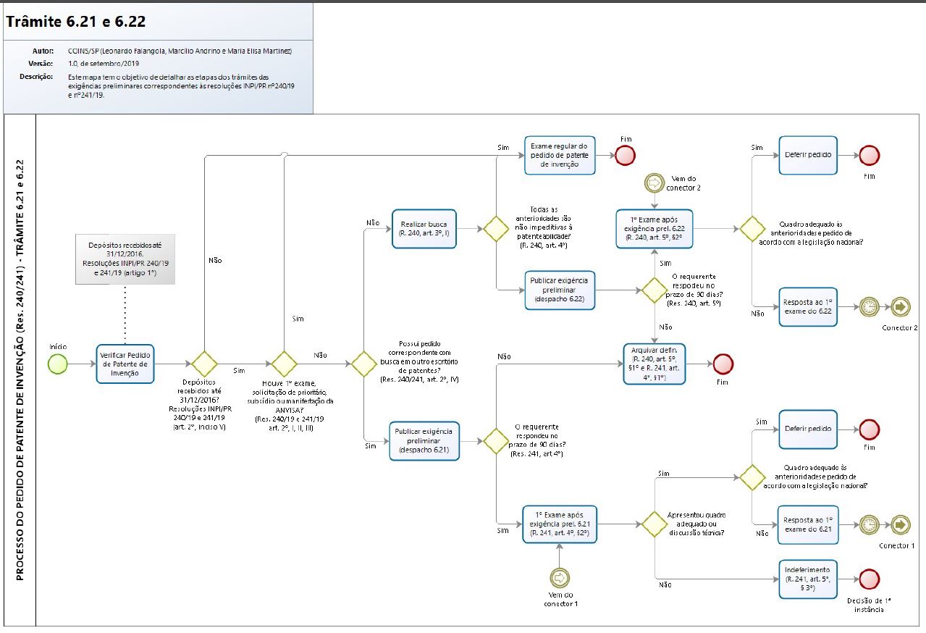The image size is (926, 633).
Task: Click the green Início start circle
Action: click(x=57, y=364)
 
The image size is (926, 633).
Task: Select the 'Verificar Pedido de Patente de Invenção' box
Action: click(x=125, y=364)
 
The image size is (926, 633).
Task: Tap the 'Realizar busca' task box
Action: click(x=424, y=229)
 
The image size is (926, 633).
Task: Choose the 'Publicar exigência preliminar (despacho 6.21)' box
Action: click(x=424, y=440)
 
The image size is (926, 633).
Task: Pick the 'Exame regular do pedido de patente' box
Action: click(x=559, y=155)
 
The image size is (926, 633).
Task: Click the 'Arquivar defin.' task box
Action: click(x=654, y=364)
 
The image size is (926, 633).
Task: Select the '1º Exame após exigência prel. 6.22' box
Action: click(x=654, y=229)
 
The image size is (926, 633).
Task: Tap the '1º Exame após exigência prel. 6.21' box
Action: click(x=559, y=524)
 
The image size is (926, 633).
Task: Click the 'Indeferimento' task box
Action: click(x=808, y=579)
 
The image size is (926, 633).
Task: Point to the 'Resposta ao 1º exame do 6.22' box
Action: click(x=808, y=307)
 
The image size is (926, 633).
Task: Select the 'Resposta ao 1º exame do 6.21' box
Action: click(x=808, y=524)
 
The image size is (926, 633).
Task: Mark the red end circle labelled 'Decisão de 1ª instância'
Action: click(x=869, y=579)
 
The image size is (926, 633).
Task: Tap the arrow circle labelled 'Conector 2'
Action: click(x=901, y=307)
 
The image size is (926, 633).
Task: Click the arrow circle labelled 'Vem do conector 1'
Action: click(x=559, y=577)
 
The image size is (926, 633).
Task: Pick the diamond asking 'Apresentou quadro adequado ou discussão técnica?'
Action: click(x=654, y=524)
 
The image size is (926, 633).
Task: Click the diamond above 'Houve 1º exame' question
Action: click(x=283, y=364)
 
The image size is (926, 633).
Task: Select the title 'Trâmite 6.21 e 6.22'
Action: click(x=76, y=22)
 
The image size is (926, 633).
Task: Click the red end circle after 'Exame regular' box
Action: click(x=625, y=155)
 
